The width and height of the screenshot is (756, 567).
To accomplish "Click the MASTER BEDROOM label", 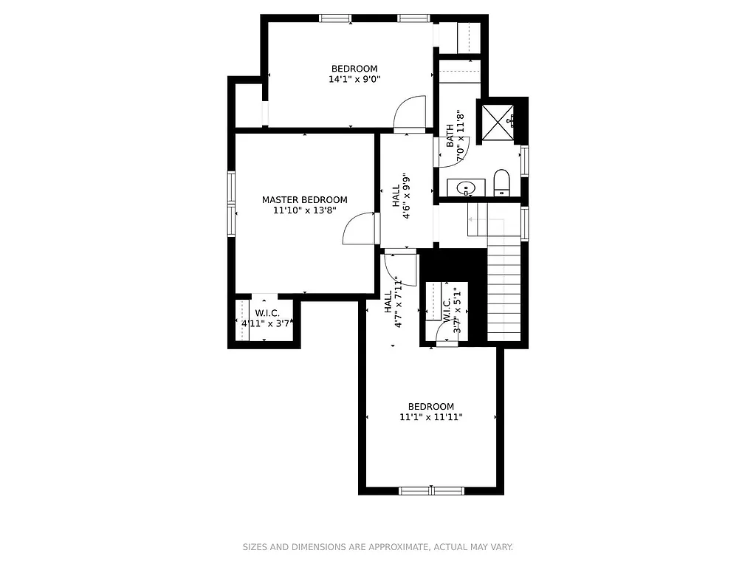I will tap(304, 199).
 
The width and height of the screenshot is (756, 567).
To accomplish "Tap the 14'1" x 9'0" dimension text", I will tap(354, 79).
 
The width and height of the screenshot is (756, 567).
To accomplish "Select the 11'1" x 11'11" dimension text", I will tap(431, 417).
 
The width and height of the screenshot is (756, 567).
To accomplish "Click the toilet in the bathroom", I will tap(502, 182).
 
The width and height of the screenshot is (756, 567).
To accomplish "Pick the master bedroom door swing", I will tap(360, 229).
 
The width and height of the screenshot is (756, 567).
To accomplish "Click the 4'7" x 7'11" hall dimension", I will tap(399, 303).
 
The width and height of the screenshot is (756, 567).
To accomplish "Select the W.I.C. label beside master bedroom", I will tap(267, 313).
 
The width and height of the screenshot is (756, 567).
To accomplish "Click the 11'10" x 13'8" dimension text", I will tap(304, 210).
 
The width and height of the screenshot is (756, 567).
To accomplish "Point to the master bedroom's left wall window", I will tap(231, 203).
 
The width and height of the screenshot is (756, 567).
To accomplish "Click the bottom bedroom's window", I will tap(431, 489).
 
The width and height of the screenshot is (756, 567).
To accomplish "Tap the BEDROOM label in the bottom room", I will tap(431, 407).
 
